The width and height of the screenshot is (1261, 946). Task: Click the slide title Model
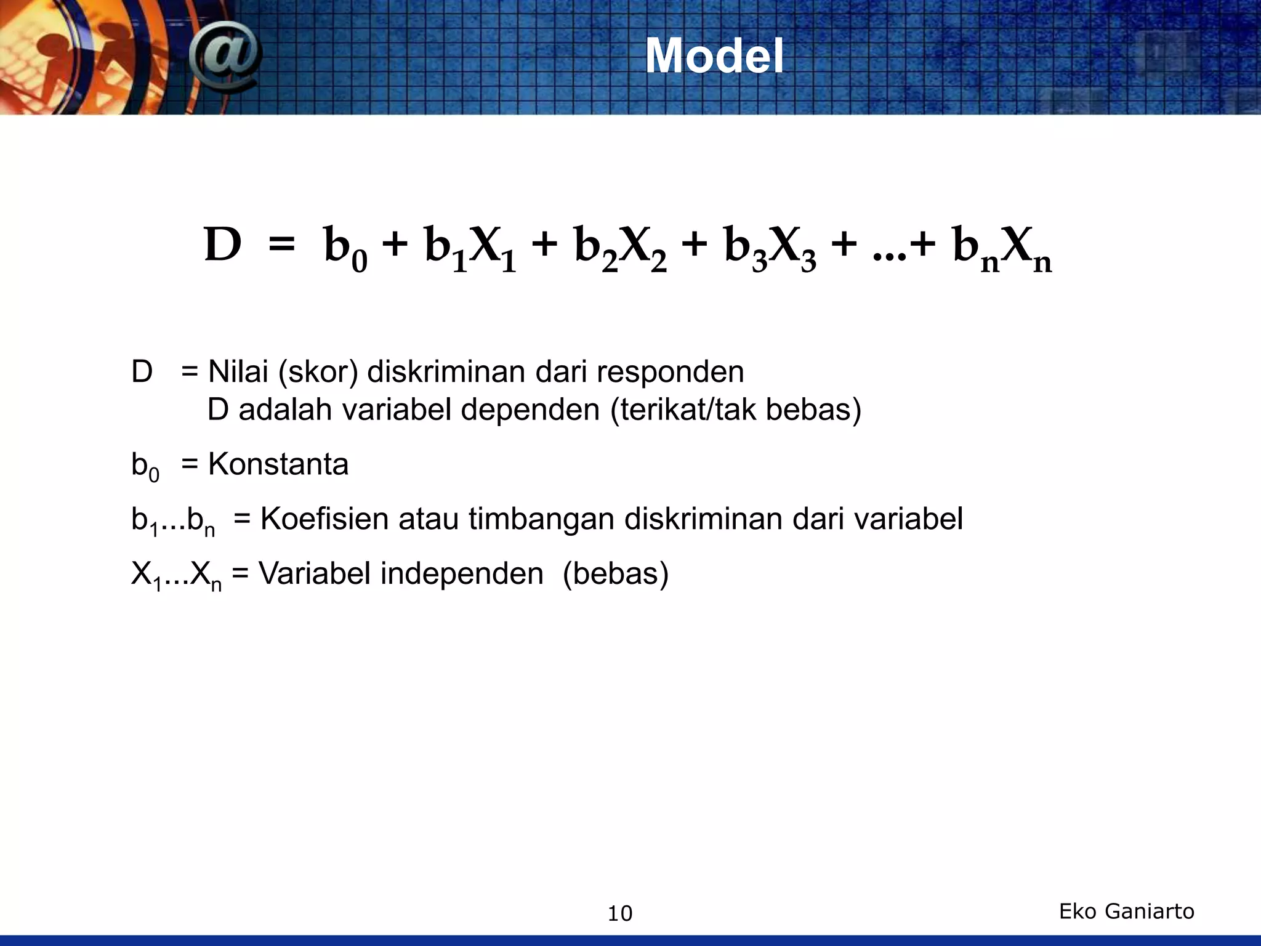pyautogui.click(x=714, y=56)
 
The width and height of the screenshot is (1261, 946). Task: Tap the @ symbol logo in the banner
pyautogui.click(x=224, y=57)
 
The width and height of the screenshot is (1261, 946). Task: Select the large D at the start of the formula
pyautogui.click(x=222, y=245)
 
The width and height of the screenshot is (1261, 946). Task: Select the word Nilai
pyautogui.click(x=238, y=372)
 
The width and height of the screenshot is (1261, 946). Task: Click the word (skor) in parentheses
pyautogui.click(x=318, y=373)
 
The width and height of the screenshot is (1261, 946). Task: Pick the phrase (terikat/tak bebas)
pyautogui.click(x=736, y=410)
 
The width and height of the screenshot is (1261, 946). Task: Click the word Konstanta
pyautogui.click(x=278, y=464)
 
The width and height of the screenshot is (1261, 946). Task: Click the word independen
pyautogui.click(x=462, y=574)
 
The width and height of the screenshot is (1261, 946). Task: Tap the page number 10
pyautogui.click(x=620, y=913)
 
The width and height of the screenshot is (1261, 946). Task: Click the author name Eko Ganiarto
pyautogui.click(x=1126, y=911)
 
